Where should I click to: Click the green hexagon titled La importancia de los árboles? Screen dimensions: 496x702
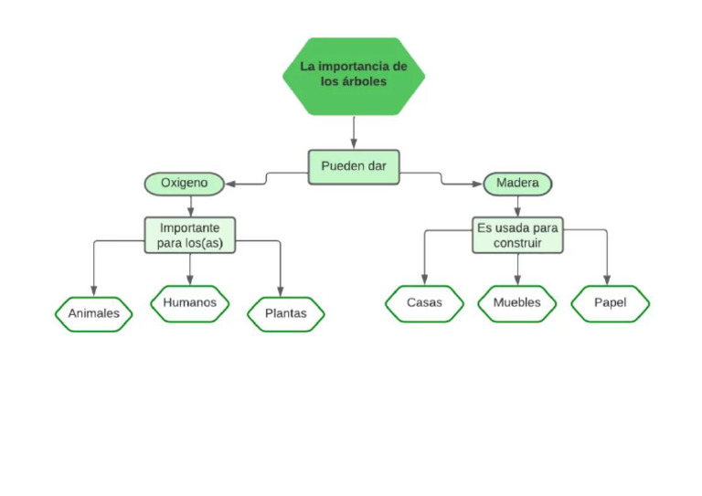point(353,75)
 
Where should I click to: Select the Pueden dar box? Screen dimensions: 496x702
point(353,166)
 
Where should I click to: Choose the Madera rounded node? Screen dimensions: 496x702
point(516,184)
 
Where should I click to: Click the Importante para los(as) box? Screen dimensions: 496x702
point(190,235)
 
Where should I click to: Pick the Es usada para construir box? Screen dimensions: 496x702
point(517,235)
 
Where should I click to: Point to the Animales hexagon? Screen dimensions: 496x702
point(93,313)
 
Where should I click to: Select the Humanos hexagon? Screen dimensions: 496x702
point(189,302)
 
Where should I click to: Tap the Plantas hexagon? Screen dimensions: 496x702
point(285,313)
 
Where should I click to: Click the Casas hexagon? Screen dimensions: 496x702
point(424,303)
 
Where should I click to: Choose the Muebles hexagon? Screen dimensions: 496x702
point(516,303)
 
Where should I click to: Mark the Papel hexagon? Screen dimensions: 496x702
point(610,303)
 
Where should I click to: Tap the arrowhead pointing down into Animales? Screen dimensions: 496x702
point(93,290)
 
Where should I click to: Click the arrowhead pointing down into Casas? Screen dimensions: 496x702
point(423,280)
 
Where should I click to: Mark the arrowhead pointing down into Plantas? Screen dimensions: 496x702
point(281,290)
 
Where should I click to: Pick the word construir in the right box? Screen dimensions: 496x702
point(517,243)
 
